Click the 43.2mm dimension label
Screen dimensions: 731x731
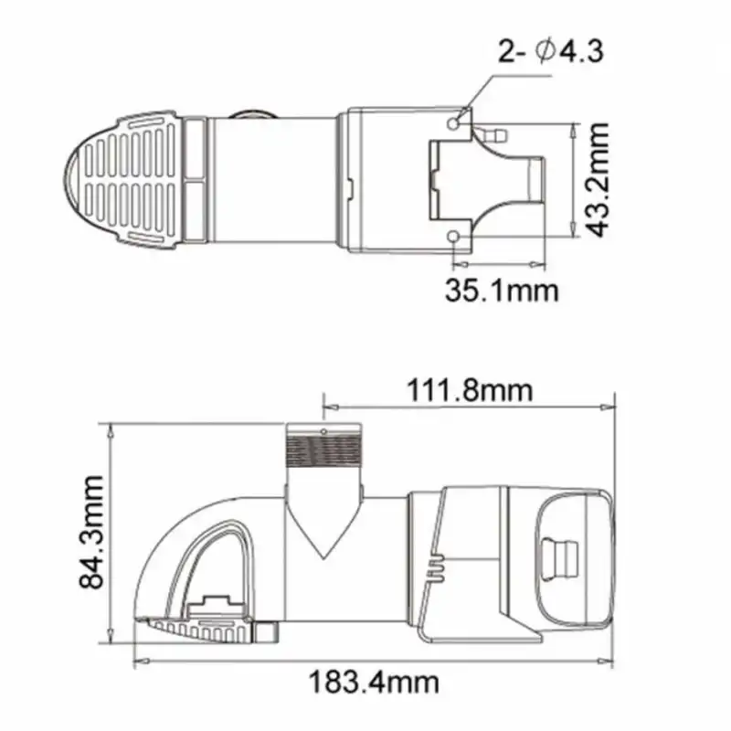point(598,181)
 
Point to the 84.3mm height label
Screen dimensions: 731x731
point(90,533)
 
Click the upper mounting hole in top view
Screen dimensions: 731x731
point(456,121)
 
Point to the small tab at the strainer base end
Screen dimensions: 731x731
point(266,631)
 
